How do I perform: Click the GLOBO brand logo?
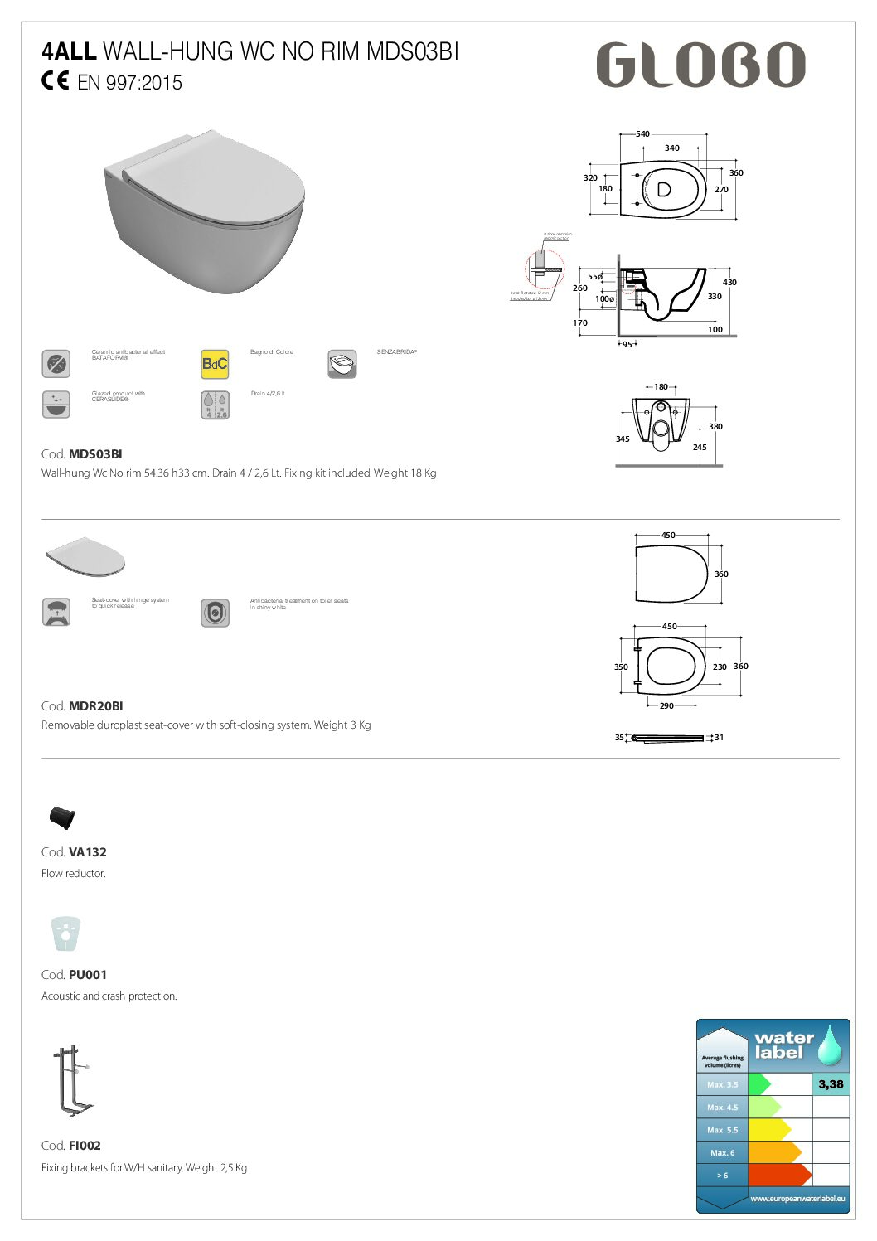(700, 65)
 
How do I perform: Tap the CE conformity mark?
(56, 81)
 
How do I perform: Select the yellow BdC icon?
(215, 364)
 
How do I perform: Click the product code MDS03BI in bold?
(95, 454)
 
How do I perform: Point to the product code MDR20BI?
(95, 706)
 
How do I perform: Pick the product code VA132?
(87, 852)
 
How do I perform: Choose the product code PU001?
(87, 975)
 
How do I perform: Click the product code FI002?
(85, 1146)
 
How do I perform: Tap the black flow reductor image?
(62, 817)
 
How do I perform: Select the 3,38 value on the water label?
(831, 1084)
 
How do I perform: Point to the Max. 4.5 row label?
(722, 1108)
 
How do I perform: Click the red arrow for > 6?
(779, 1175)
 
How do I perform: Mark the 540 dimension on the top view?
(642, 134)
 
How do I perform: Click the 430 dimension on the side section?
(729, 283)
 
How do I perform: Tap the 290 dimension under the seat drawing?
(666, 706)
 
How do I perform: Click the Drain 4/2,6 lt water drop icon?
(215, 405)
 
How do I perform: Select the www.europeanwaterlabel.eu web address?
(797, 1199)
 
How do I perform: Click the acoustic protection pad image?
(65, 933)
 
